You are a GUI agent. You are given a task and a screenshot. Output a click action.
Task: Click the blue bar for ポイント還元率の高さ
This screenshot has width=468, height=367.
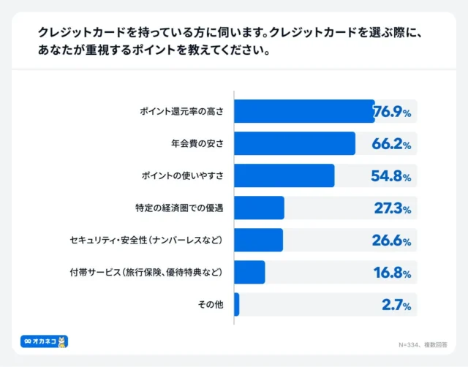click(304, 112)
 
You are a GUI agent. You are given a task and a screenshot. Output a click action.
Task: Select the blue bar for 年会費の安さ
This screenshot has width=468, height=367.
click(295, 144)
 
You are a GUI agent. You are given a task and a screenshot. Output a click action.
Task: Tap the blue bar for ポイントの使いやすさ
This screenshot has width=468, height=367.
click(284, 176)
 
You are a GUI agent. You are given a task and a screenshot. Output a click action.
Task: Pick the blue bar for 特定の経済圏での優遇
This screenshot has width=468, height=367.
click(260, 208)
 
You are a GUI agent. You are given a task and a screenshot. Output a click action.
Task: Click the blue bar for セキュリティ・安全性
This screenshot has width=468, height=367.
click(259, 241)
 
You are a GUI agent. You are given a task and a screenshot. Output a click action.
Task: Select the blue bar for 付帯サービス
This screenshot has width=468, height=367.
click(250, 273)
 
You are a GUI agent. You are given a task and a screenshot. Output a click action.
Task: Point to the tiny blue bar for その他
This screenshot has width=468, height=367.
click(237, 305)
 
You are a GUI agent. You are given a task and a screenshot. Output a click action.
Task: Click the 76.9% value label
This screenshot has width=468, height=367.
click(393, 112)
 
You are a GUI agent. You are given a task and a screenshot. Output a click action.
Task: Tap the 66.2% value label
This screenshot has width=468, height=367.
click(393, 144)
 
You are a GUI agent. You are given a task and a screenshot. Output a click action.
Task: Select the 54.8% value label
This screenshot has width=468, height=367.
click(393, 176)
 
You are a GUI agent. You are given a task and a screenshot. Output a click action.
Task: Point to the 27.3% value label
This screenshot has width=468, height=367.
click(393, 208)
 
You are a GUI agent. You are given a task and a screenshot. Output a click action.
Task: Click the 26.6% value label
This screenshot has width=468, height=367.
click(393, 241)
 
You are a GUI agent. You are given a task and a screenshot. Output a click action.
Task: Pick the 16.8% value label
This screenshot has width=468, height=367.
click(393, 273)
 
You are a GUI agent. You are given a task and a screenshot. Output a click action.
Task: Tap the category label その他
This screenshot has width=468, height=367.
click(211, 305)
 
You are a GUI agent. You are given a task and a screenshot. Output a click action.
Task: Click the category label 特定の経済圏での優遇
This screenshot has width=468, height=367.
click(180, 208)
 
